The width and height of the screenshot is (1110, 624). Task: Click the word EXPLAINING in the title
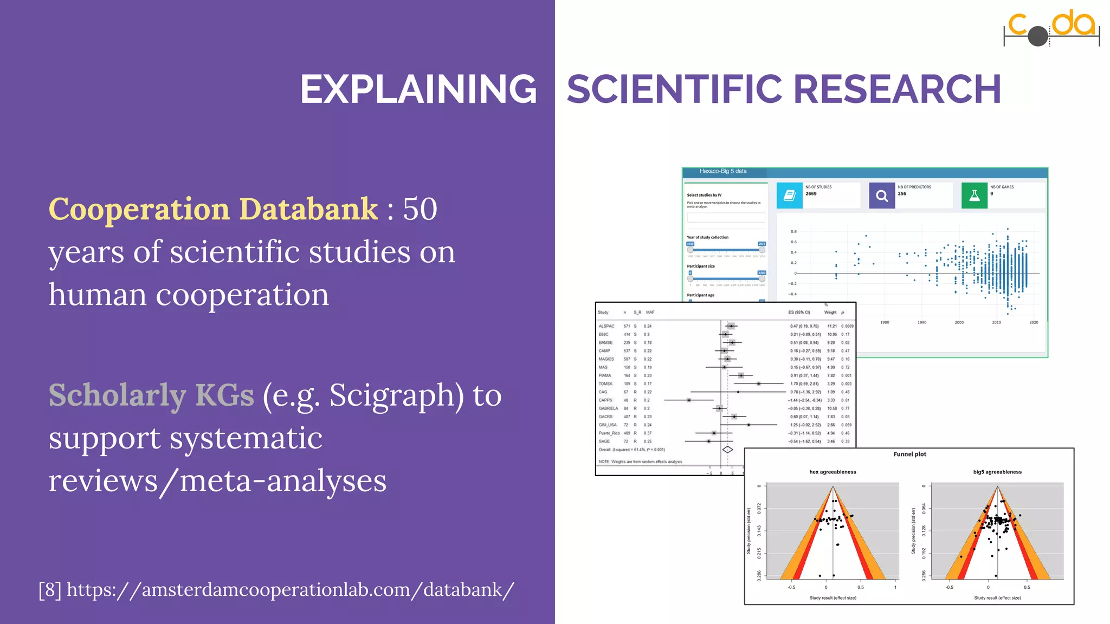pyautogui.click(x=418, y=89)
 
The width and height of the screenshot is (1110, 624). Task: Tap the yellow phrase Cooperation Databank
pyautogui.click(x=214, y=209)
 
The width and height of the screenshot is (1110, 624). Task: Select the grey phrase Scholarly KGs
pyautogui.click(x=151, y=395)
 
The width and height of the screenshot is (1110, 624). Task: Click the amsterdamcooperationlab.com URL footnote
pyautogui.click(x=276, y=589)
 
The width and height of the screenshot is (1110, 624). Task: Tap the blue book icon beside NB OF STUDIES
pyautogui.click(x=789, y=196)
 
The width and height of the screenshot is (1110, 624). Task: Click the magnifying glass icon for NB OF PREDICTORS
pyautogui.click(x=882, y=196)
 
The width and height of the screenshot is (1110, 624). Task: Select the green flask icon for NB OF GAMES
pyautogui.click(x=974, y=196)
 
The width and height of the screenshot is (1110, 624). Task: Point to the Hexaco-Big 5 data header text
pyautogui.click(x=722, y=171)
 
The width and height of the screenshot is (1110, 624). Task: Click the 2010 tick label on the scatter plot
pyautogui.click(x=996, y=322)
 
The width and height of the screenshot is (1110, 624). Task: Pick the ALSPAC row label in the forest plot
pyautogui.click(x=606, y=326)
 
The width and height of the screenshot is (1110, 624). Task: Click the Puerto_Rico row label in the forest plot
pyautogui.click(x=609, y=433)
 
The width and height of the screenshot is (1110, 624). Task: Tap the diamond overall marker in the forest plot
pyautogui.click(x=727, y=450)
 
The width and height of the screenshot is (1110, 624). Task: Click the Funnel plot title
pyautogui.click(x=909, y=454)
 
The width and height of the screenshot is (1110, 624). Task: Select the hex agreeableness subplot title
pyautogui.click(x=832, y=472)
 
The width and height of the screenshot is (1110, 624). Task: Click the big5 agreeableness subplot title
pyautogui.click(x=997, y=472)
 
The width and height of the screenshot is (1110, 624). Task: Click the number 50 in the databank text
pyautogui.click(x=420, y=209)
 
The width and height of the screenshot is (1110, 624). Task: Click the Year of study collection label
pyautogui.click(x=707, y=237)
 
